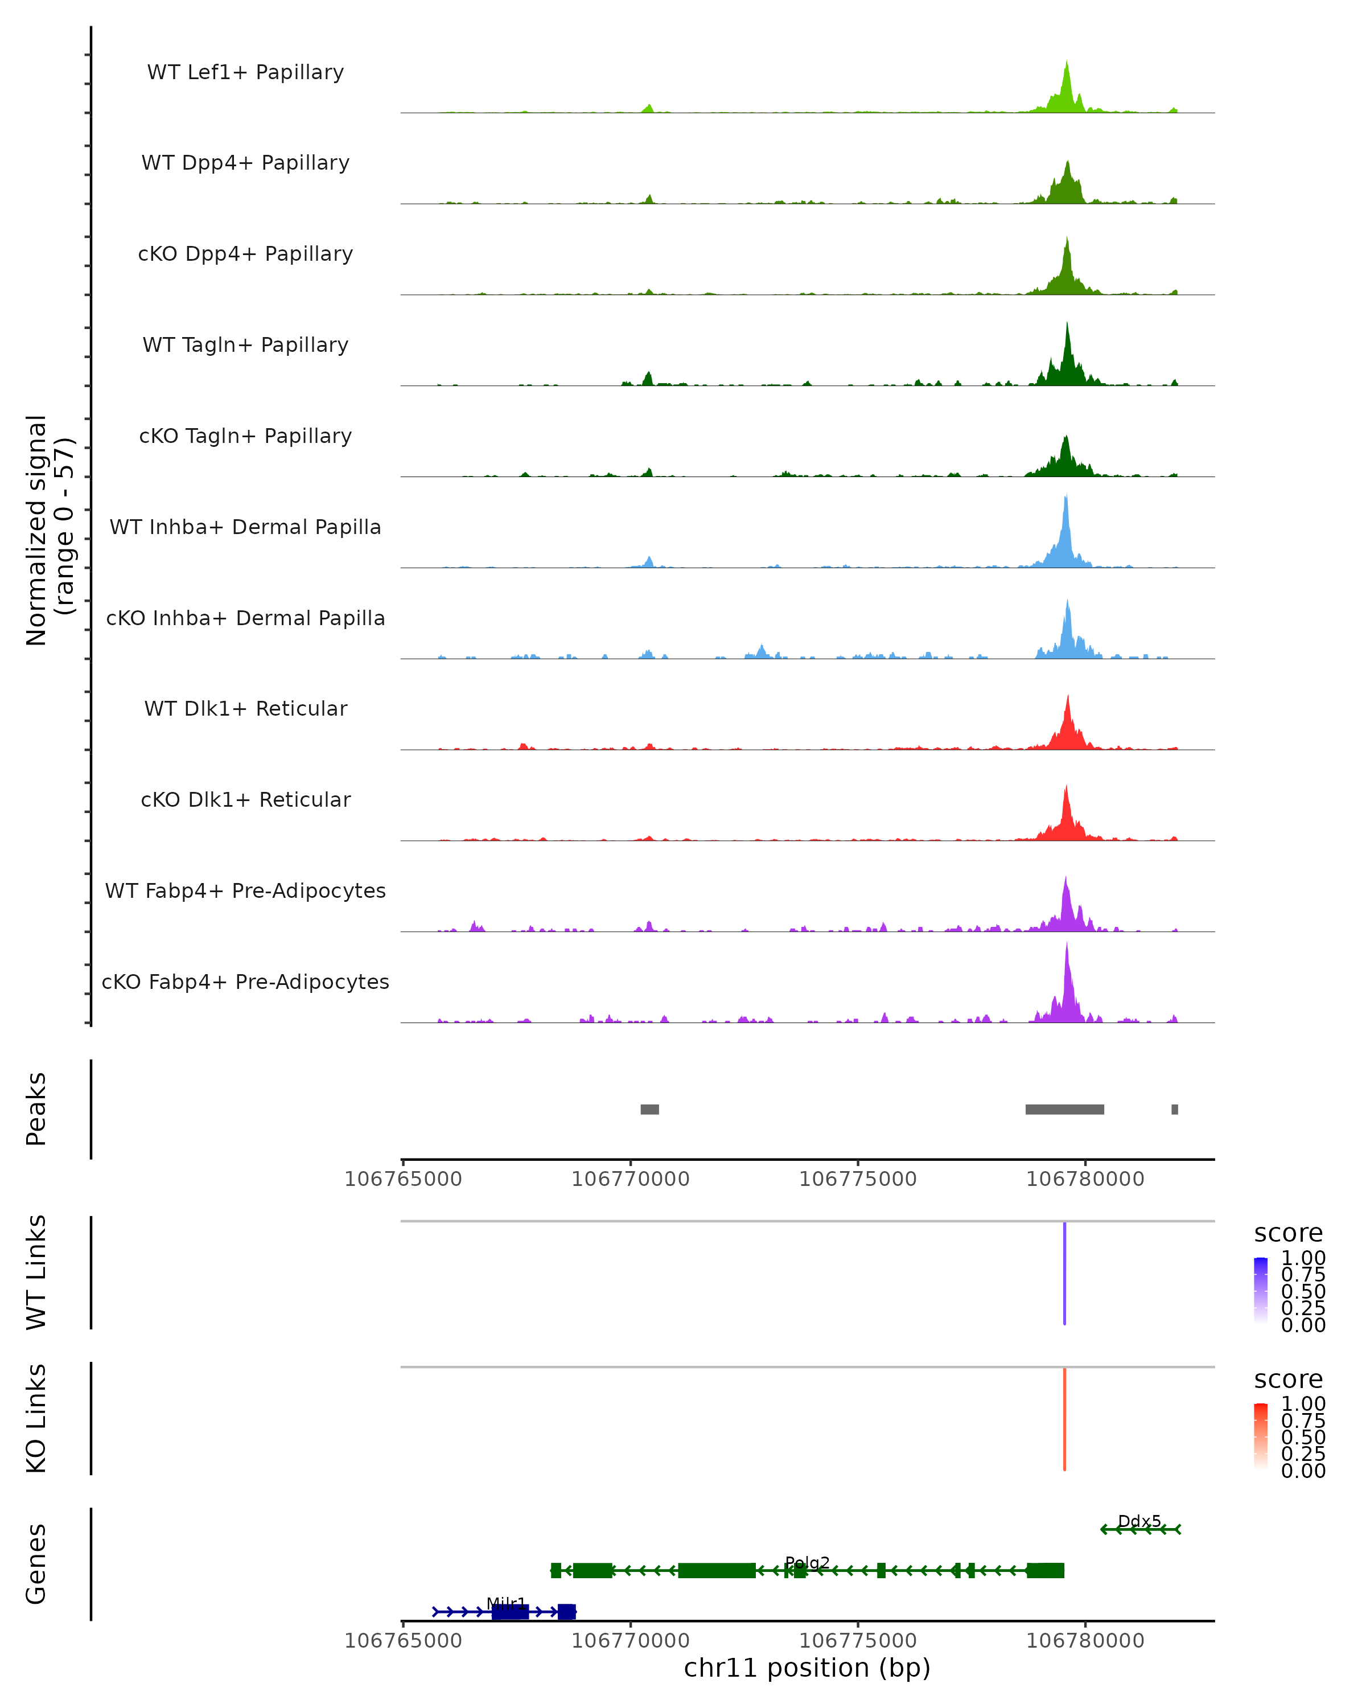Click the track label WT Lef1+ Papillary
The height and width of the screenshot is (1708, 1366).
[245, 72]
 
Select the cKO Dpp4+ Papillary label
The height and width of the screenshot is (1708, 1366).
[245, 254]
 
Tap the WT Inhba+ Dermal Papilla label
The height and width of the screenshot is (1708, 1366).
[245, 528]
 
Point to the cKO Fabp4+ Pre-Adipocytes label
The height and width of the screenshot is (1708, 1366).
[245, 982]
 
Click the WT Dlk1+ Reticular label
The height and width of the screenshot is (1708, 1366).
[245, 709]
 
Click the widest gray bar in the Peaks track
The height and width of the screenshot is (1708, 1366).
[1064, 1109]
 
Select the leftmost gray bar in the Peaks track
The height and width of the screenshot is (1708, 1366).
[649, 1109]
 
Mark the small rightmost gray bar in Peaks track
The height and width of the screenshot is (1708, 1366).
[1174, 1109]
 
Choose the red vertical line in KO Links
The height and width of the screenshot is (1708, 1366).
[1064, 1419]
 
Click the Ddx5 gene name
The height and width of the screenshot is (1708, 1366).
[1139, 1521]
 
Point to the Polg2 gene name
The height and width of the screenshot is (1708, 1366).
[807, 1563]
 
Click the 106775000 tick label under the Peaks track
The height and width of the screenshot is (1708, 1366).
[858, 1180]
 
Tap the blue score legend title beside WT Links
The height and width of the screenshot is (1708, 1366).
[1289, 1234]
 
